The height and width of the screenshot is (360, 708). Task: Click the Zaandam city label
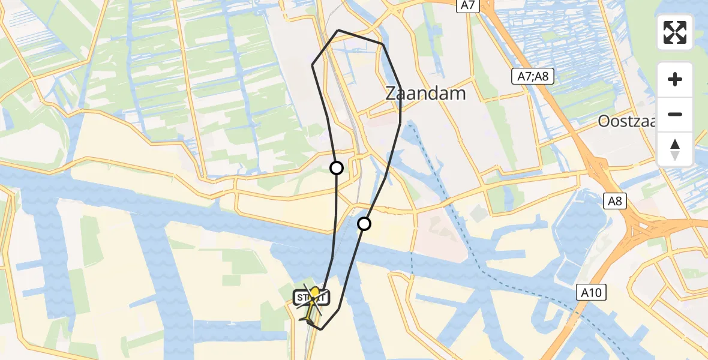pyautogui.click(x=425, y=94)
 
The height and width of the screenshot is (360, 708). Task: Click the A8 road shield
pyautogui.click(x=616, y=202)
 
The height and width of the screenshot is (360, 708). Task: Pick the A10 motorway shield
pyautogui.click(x=593, y=293)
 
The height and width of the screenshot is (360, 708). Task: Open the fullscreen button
pyautogui.click(x=675, y=32)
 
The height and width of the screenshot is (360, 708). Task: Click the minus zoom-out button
pyautogui.click(x=675, y=114)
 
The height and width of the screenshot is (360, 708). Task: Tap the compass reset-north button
pyautogui.click(x=675, y=149)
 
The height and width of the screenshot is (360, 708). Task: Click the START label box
pyautogui.click(x=311, y=297)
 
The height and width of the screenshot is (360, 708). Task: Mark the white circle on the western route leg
pyautogui.click(x=337, y=168)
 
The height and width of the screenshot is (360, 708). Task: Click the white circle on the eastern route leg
pyautogui.click(x=364, y=224)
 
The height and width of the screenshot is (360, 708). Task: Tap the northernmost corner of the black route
pyautogui.click(x=339, y=30)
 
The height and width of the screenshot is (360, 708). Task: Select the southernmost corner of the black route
pyautogui.click(x=322, y=329)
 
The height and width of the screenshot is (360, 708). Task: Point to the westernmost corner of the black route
pyautogui.click(x=312, y=64)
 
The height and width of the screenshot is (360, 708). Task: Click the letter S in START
pyautogui.click(x=299, y=297)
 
